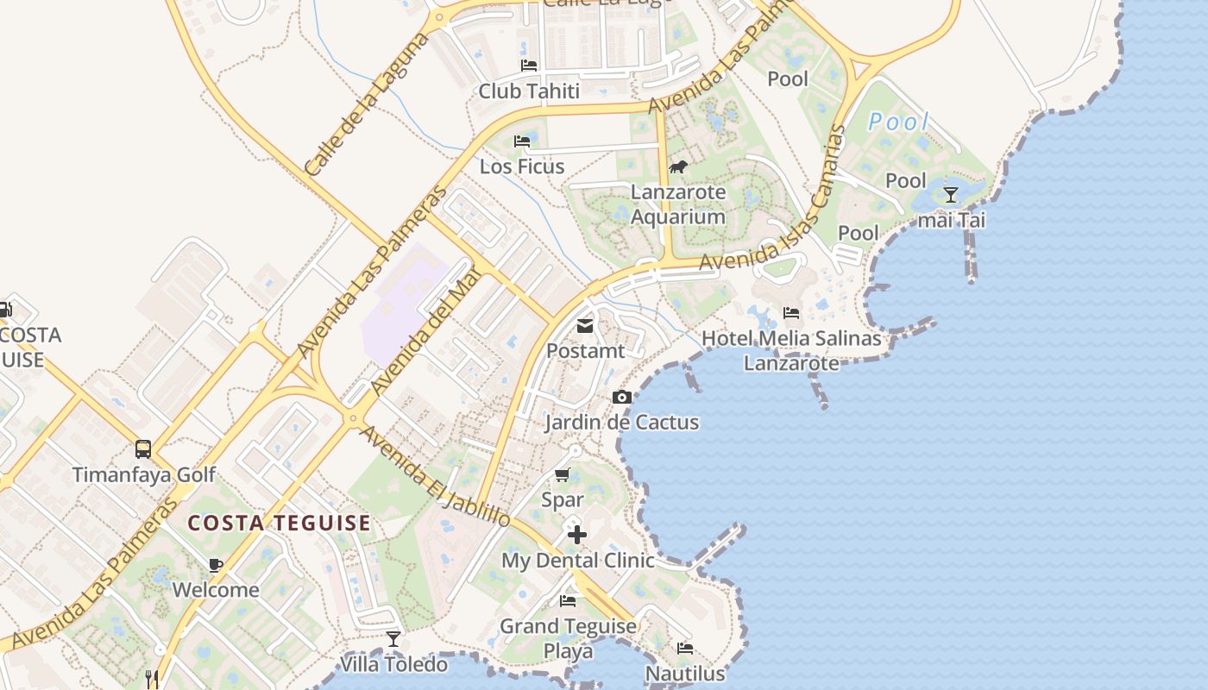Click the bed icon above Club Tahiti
pos(529,66)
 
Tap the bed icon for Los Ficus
pos(522,141)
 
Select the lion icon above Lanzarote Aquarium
pos(678,166)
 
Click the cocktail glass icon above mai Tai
pos(951,195)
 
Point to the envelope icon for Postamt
pos(585,325)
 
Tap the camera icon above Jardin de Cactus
pos(621,397)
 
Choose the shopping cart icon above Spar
pos(563,474)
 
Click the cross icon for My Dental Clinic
pos(577,535)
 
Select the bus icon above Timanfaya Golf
pos(143,449)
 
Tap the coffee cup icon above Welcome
pos(216,565)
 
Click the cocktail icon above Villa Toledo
pos(393,639)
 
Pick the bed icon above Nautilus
pos(685,648)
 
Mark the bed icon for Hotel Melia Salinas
pos(791,312)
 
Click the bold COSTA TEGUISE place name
pos(280,523)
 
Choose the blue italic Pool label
pos(899,122)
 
